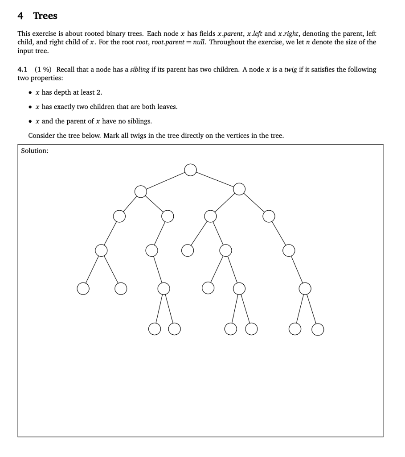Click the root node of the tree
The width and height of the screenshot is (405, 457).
[190, 170]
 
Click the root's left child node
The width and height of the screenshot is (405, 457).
[141, 191]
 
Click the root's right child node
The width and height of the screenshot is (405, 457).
[239, 189]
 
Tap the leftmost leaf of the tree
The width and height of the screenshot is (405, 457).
[82, 289]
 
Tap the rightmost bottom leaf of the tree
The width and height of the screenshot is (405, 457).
[317, 330]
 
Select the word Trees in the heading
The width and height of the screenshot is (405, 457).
[45, 16]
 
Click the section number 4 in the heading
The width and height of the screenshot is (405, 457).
[20, 16]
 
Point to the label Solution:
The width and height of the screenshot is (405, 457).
[35, 151]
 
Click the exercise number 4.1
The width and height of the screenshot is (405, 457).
[23, 70]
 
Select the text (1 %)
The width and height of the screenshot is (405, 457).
[43, 70]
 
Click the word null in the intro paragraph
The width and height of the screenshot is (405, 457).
[200, 42]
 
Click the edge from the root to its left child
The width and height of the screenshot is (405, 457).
[165, 181]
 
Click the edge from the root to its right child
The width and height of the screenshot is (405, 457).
[215, 179]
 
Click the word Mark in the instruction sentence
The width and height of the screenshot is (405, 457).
[112, 136]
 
